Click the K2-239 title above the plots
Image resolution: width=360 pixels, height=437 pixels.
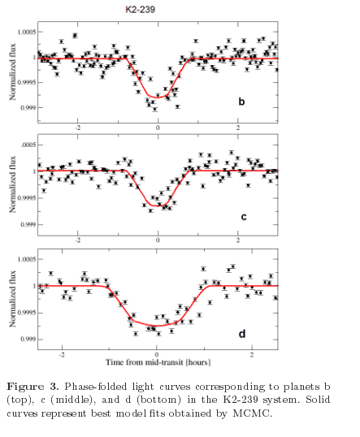pyautogui.click(x=141, y=10)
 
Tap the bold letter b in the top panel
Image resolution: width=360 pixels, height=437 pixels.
pyautogui.click(x=241, y=102)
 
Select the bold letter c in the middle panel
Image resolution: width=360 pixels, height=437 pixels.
pyautogui.click(x=244, y=217)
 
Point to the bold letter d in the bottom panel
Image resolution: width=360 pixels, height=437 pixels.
pyautogui.click(x=242, y=333)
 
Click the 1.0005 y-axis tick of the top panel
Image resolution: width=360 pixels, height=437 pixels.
pyautogui.click(x=27, y=32)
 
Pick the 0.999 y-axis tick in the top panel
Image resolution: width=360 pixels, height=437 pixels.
pyautogui.click(x=28, y=107)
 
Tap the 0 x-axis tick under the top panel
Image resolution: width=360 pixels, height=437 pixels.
pyautogui.click(x=158, y=128)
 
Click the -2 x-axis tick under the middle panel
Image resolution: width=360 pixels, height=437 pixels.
pyautogui.click(x=78, y=240)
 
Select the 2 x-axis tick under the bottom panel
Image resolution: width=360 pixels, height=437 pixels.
pyautogui.click(x=252, y=355)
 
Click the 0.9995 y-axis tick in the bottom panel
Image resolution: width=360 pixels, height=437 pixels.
pyautogui.click(x=27, y=313)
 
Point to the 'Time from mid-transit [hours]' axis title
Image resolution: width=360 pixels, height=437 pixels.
pyautogui.click(x=158, y=362)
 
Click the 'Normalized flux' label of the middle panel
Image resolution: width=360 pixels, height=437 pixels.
pyautogui.click(x=12, y=184)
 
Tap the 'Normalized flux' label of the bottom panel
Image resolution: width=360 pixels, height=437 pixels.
pyautogui.click(x=12, y=299)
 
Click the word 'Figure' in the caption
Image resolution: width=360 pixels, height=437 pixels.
pyautogui.click(x=25, y=387)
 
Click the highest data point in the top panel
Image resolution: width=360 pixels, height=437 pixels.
pyautogui.click(x=75, y=36)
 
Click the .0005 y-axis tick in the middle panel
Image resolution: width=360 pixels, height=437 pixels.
pyautogui.click(x=28, y=145)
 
